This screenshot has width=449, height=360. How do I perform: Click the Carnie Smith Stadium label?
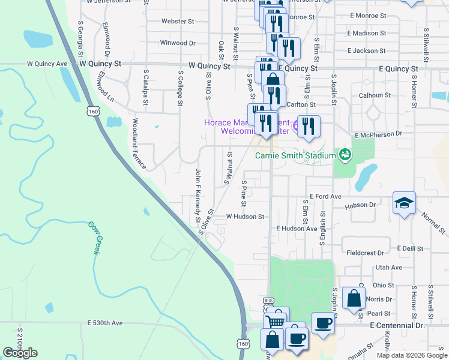[x=295, y=155]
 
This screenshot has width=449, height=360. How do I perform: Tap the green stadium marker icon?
[x=345, y=155]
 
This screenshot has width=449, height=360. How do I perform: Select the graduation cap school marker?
[x=405, y=203]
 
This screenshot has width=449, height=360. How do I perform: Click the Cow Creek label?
[x=94, y=238]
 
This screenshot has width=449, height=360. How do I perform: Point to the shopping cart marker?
[x=276, y=321]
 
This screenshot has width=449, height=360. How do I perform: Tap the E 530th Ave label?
[x=104, y=323]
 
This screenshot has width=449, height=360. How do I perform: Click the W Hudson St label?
[x=245, y=217]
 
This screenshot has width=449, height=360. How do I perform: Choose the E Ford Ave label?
[x=325, y=196]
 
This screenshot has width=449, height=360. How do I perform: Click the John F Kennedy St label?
[x=197, y=195]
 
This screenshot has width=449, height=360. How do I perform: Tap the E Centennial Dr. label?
[x=397, y=325]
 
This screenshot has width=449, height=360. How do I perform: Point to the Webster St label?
[x=176, y=21]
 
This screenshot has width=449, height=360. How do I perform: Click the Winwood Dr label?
[x=178, y=43]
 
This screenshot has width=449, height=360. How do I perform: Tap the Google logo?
[x=20, y=353]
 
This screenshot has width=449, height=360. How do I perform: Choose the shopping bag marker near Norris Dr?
[x=354, y=297]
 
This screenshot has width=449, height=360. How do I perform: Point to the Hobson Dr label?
[x=360, y=205]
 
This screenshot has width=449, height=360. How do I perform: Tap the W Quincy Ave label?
[x=47, y=64]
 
